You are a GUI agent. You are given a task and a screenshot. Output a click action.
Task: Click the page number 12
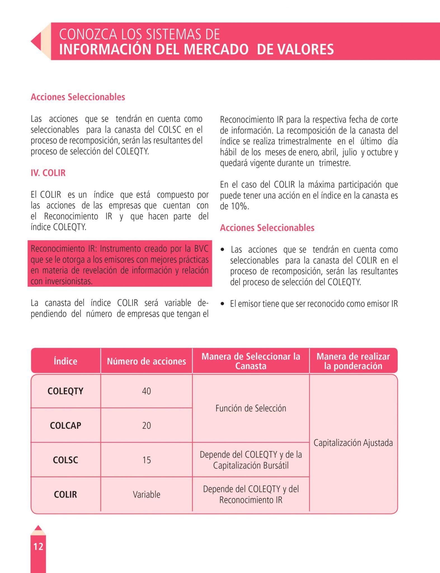tap(38, 546)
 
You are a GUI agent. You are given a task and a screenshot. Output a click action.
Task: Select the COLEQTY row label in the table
tap(65, 391)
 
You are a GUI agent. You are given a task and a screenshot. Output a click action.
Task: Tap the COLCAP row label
tap(65, 425)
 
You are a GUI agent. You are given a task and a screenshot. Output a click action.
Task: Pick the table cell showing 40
tap(146, 391)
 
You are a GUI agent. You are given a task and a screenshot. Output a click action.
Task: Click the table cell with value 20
tap(146, 425)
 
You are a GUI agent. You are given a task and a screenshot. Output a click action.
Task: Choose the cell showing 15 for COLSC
tap(146, 460)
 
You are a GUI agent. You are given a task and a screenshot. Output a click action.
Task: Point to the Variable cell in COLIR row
tap(146, 494)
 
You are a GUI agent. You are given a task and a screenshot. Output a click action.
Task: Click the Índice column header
tap(65, 361)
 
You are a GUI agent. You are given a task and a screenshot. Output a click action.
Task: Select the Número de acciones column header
tap(146, 361)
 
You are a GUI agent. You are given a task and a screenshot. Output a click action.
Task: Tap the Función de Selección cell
tap(251, 408)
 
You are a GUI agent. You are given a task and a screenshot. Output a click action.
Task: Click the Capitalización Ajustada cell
tap(353, 443)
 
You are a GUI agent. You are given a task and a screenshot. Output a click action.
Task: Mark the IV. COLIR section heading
tap(48, 173)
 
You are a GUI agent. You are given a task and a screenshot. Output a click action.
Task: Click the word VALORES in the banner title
tap(295, 49)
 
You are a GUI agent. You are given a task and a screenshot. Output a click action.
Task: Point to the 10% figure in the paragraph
tap(240, 206)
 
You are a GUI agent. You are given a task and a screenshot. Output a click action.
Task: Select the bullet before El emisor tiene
tap(222, 304)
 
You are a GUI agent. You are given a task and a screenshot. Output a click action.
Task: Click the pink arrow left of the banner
tap(36, 41)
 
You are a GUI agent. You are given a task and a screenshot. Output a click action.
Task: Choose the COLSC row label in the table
tap(65, 460)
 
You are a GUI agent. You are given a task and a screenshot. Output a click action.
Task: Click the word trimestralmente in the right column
tap(305, 141)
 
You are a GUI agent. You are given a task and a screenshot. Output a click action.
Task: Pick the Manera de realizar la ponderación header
tap(353, 361)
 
